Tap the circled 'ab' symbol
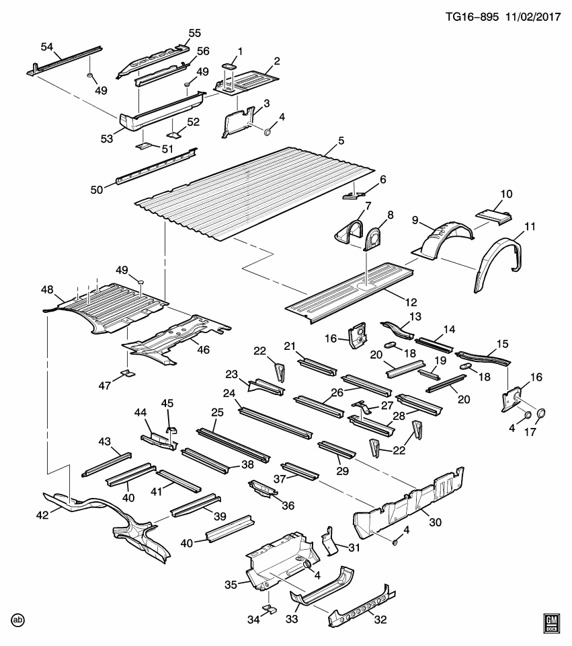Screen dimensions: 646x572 (x=18, y=620)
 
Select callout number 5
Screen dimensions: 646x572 (x=341, y=141)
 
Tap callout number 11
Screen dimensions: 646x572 (x=530, y=227)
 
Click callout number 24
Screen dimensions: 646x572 (x=229, y=393)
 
